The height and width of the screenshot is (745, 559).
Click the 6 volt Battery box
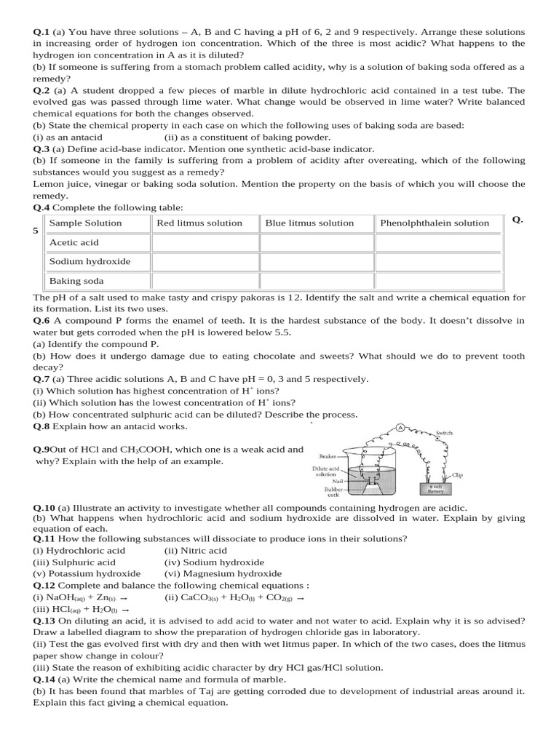435,489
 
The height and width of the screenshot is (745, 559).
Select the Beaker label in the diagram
323,456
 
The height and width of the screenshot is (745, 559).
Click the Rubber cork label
323,493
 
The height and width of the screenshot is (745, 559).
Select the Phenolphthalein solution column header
435,223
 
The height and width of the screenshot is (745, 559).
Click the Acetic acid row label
74,242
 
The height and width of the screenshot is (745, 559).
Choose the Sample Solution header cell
85,223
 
